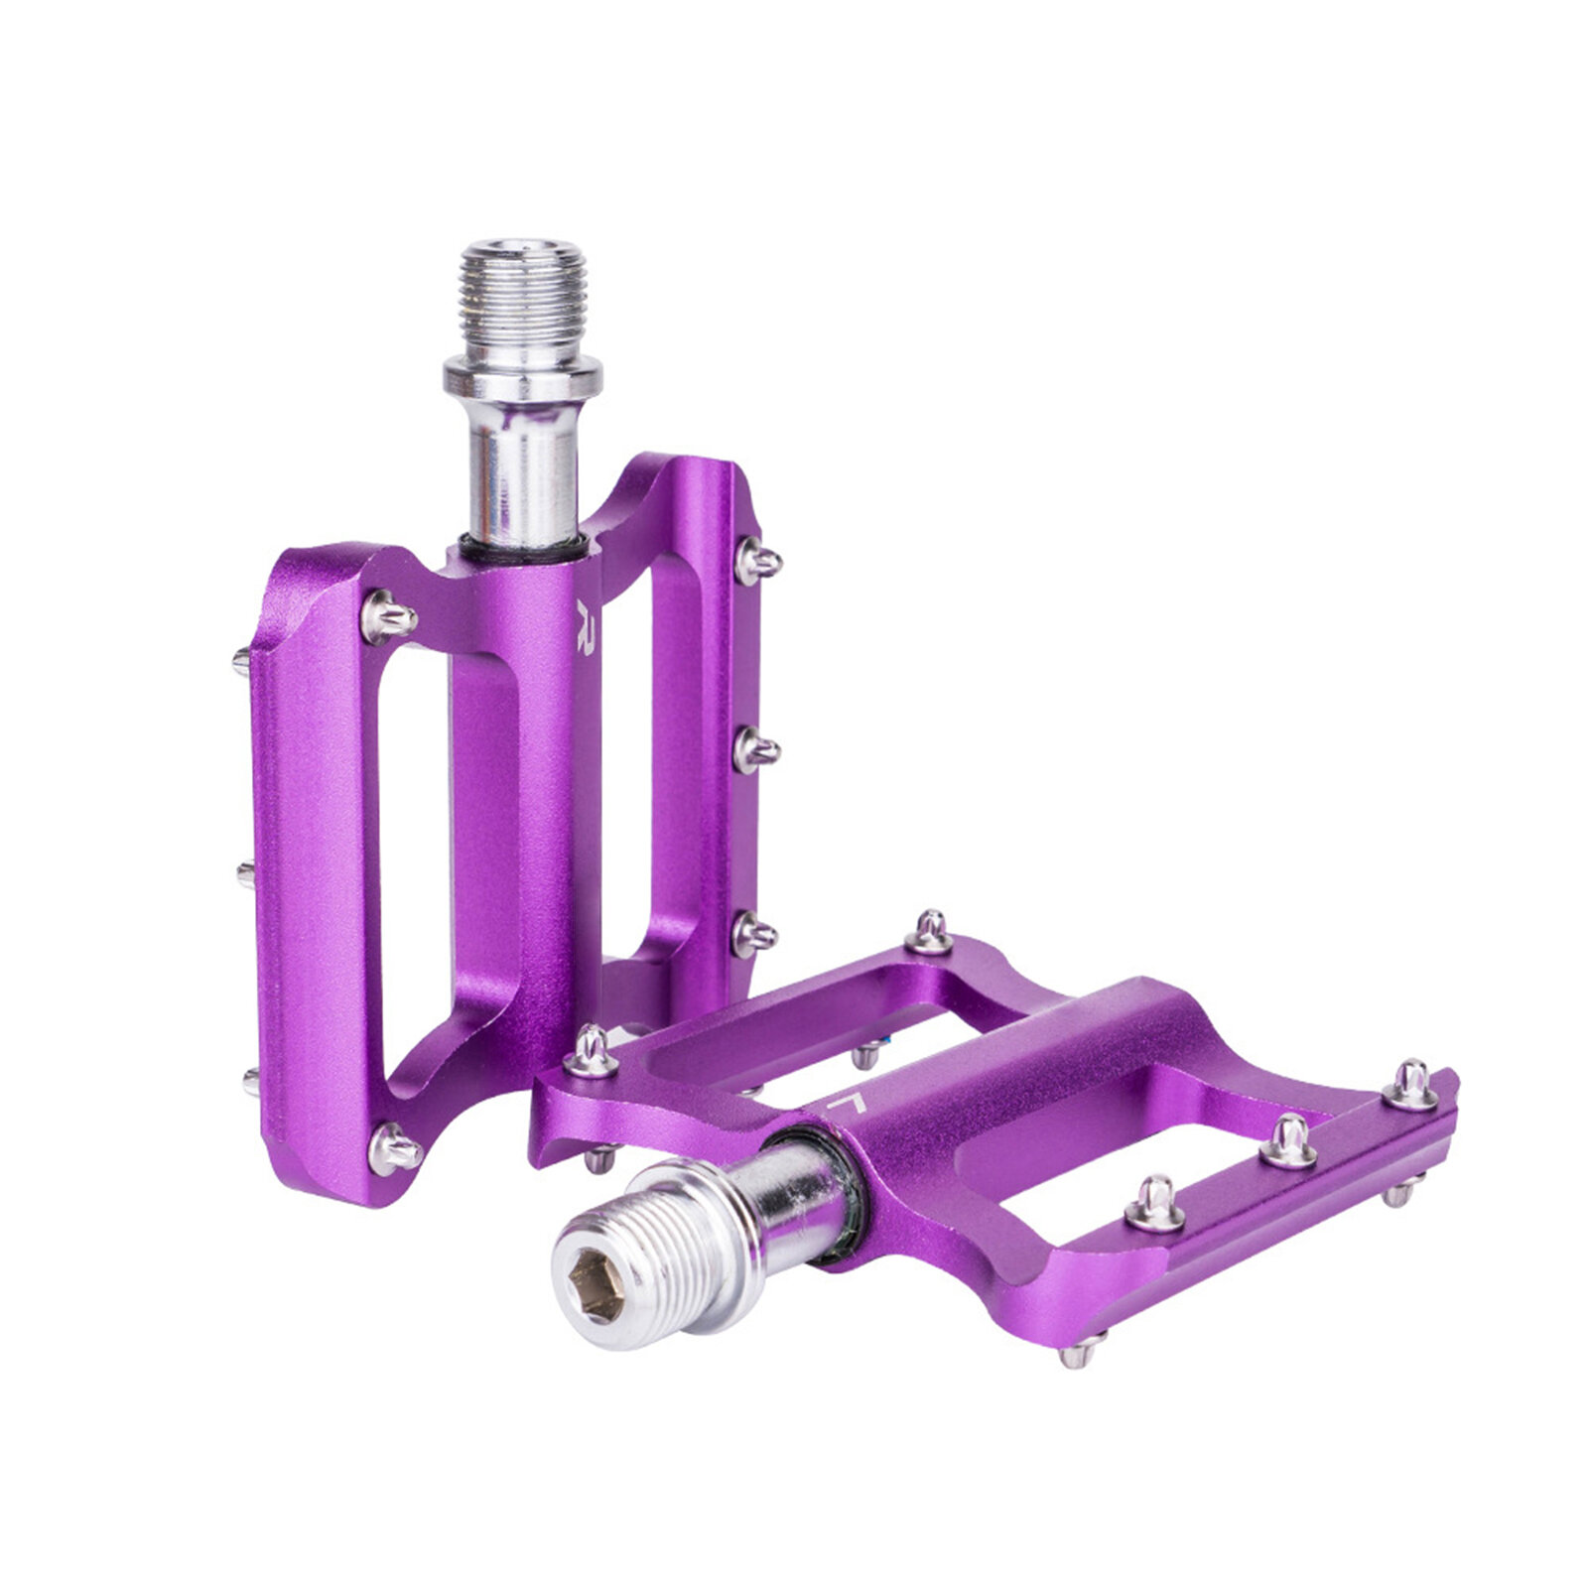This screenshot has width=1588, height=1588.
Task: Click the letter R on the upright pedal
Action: pyautogui.click(x=588, y=622)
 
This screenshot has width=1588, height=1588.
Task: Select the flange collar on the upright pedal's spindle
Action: pyautogui.click(x=523, y=378)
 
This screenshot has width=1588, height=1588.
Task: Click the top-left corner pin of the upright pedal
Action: pyautogui.click(x=389, y=617)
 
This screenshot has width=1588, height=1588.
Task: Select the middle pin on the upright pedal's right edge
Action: pyautogui.click(x=756, y=751)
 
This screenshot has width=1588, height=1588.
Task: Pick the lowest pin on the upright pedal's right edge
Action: pyautogui.click(x=754, y=934)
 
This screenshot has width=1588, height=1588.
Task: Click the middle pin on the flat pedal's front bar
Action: pyautogui.click(x=1288, y=1139)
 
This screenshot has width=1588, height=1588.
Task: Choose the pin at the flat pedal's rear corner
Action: pyautogui.click(x=931, y=932)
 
